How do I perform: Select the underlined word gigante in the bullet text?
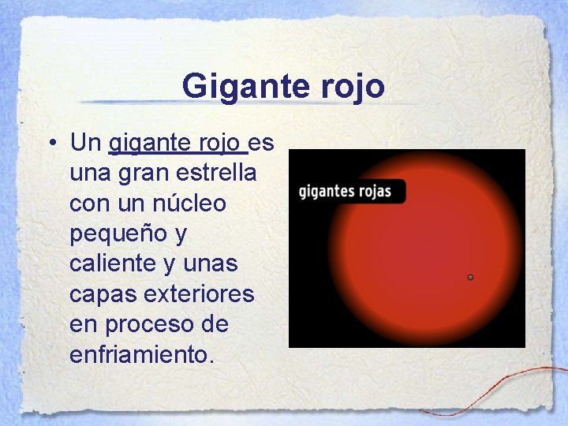[145, 144]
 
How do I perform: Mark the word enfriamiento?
[141, 354]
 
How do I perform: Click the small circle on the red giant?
[470, 278]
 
